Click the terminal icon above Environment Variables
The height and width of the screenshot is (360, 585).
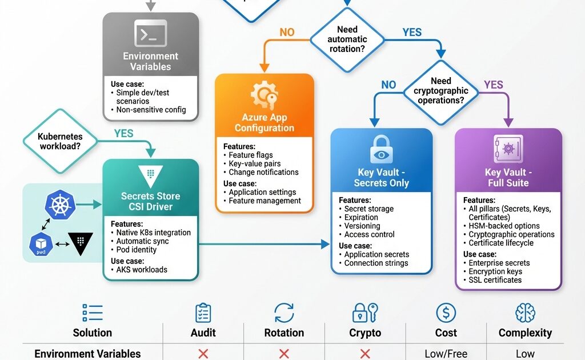[x=151, y=33]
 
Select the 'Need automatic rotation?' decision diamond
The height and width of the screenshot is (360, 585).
[x=347, y=39]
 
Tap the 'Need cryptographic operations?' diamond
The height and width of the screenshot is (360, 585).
[x=440, y=91]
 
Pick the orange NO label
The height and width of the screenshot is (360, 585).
[x=287, y=33]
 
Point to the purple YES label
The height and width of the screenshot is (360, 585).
[x=494, y=85]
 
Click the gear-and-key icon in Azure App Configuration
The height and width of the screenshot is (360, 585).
[x=264, y=96]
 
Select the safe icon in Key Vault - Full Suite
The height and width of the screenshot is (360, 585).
[x=508, y=150]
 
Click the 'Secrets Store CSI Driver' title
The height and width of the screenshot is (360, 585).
[x=151, y=201]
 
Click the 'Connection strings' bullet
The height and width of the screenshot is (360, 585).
[x=376, y=263]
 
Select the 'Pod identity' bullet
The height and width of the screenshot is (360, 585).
[x=137, y=250]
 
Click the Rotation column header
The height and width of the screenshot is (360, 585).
[x=284, y=333]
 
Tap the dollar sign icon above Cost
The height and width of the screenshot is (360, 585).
[x=446, y=313]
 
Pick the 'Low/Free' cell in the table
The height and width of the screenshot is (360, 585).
[x=446, y=354]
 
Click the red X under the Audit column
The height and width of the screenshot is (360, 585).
[x=203, y=354]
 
